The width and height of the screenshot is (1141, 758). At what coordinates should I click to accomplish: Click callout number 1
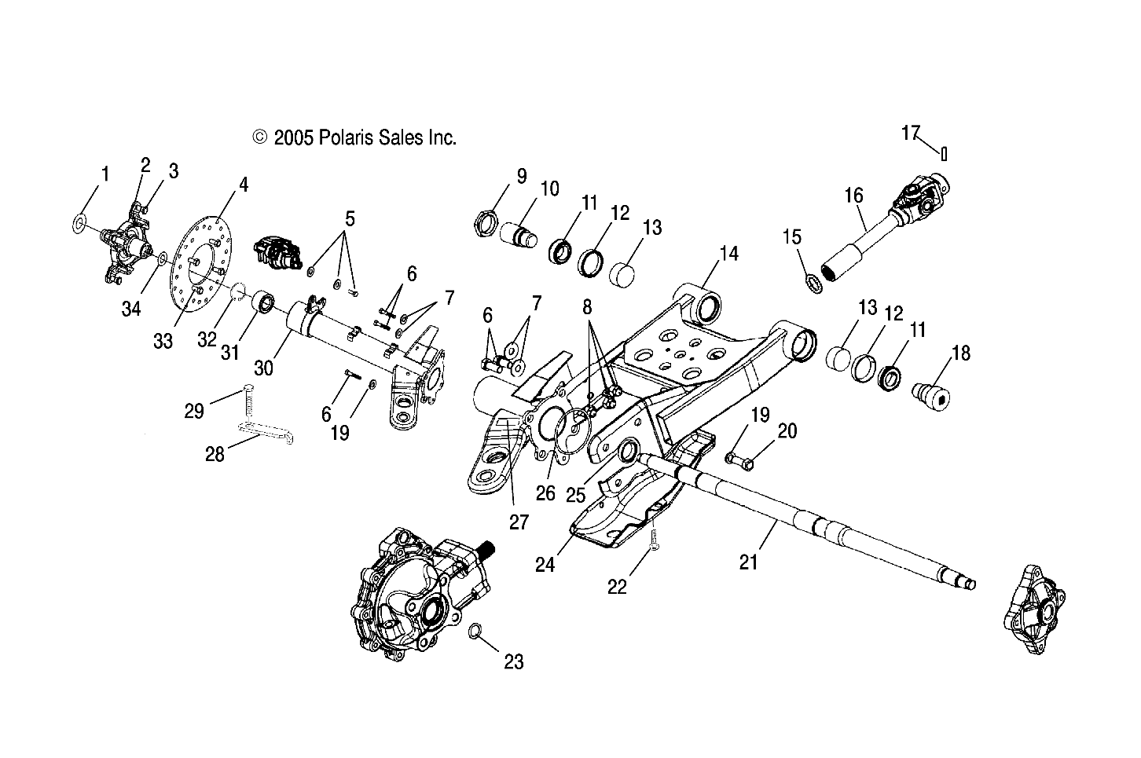click(105, 174)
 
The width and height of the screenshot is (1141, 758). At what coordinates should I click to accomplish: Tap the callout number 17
click(910, 134)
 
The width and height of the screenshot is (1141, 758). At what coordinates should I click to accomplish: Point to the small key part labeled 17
click(944, 153)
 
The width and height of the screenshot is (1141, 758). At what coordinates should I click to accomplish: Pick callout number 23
click(513, 662)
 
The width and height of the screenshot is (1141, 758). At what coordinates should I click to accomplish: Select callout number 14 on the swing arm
click(729, 254)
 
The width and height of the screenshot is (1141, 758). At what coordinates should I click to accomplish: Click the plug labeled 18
click(930, 390)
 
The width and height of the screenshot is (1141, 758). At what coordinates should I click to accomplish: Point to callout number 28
click(215, 453)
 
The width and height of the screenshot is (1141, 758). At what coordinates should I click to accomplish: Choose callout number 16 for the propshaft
click(853, 194)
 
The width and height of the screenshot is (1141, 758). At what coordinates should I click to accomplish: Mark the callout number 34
click(131, 309)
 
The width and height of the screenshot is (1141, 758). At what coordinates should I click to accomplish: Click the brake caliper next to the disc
click(276, 253)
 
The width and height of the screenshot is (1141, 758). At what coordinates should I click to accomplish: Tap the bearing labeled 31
click(264, 303)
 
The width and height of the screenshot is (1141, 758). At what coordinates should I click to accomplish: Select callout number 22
click(618, 586)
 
